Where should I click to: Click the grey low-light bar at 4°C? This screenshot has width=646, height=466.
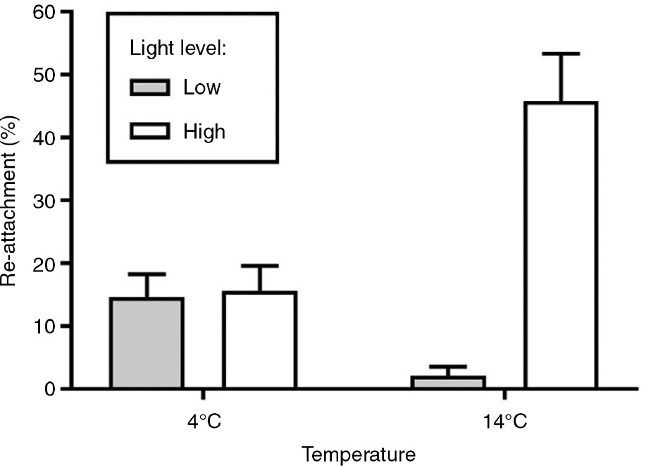click(x=147, y=343)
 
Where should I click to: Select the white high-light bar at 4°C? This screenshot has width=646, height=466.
click(x=259, y=341)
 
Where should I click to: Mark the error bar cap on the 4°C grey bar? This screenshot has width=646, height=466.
click(x=147, y=274)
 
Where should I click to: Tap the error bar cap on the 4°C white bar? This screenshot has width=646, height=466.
click(x=259, y=266)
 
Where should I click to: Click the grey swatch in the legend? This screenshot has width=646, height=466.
click(x=150, y=87)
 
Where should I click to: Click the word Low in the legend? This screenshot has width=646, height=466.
click(x=201, y=87)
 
